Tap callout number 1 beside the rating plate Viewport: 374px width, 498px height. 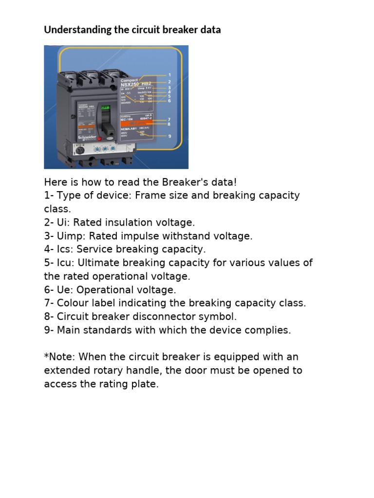(169, 75)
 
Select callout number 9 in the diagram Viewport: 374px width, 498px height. (169, 136)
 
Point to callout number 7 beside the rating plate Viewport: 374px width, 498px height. (169, 119)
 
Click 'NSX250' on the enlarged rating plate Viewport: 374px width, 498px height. (129, 84)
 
